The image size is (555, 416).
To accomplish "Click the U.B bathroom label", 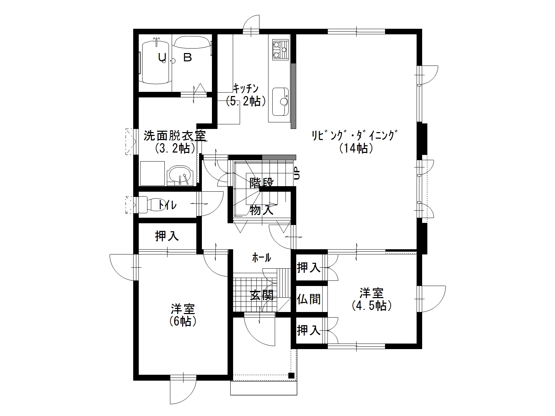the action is click(175, 58).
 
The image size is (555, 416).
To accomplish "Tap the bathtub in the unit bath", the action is click(156, 62).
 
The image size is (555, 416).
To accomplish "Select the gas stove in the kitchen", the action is click(280, 50).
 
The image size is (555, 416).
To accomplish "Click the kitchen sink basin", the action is click(280, 102).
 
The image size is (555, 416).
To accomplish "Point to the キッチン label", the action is click(246, 89).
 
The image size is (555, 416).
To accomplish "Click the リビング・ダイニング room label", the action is click(355, 136).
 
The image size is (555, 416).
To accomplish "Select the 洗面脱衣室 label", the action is click(175, 136).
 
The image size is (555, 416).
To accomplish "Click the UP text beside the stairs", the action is click(297, 173).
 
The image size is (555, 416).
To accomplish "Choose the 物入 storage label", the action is click(262, 210).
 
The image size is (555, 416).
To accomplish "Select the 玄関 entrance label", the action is click(262, 295).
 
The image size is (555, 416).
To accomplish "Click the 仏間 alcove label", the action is click(309, 299).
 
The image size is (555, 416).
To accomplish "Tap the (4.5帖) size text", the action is click(372, 306).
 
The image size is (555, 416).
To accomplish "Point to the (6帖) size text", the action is click(183, 322).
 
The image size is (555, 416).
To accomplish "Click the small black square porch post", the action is click(291, 375).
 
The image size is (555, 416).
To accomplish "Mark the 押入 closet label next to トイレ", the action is click(167, 236).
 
